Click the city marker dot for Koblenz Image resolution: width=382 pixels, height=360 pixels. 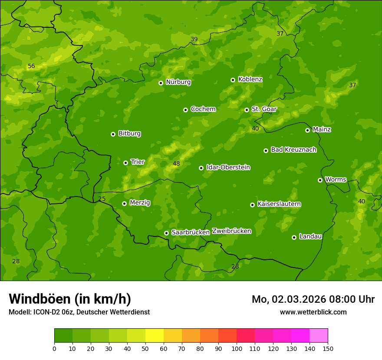click(x=233, y=80)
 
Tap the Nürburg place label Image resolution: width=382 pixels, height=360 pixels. click(x=178, y=82)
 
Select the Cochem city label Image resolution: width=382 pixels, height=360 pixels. click(x=203, y=109)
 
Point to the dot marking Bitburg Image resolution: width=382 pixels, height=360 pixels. click(x=113, y=134)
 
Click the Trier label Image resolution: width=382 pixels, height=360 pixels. click(x=137, y=162)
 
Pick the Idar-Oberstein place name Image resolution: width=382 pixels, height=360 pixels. click(x=228, y=167)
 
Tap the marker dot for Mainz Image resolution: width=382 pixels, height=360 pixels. click(x=307, y=130)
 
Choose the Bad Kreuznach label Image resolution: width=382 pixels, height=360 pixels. click(x=293, y=150)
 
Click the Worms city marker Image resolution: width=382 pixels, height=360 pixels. click(x=320, y=180)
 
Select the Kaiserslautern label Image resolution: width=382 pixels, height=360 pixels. click(x=279, y=204)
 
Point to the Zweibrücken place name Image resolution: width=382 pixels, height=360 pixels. click(x=231, y=231)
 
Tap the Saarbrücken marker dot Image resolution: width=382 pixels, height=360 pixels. click(x=166, y=233)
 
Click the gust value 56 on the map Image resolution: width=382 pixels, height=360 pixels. click(x=31, y=66)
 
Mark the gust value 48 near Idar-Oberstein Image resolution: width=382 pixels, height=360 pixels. click(x=176, y=164)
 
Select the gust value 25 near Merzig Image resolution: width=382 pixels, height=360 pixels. click(x=102, y=199)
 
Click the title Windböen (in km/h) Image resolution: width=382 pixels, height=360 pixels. click(x=69, y=299)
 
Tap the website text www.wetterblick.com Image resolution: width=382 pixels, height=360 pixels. click(x=313, y=312)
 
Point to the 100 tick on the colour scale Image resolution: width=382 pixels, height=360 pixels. click(x=237, y=348)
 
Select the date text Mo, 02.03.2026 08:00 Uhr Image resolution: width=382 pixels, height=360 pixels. click(x=313, y=299)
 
